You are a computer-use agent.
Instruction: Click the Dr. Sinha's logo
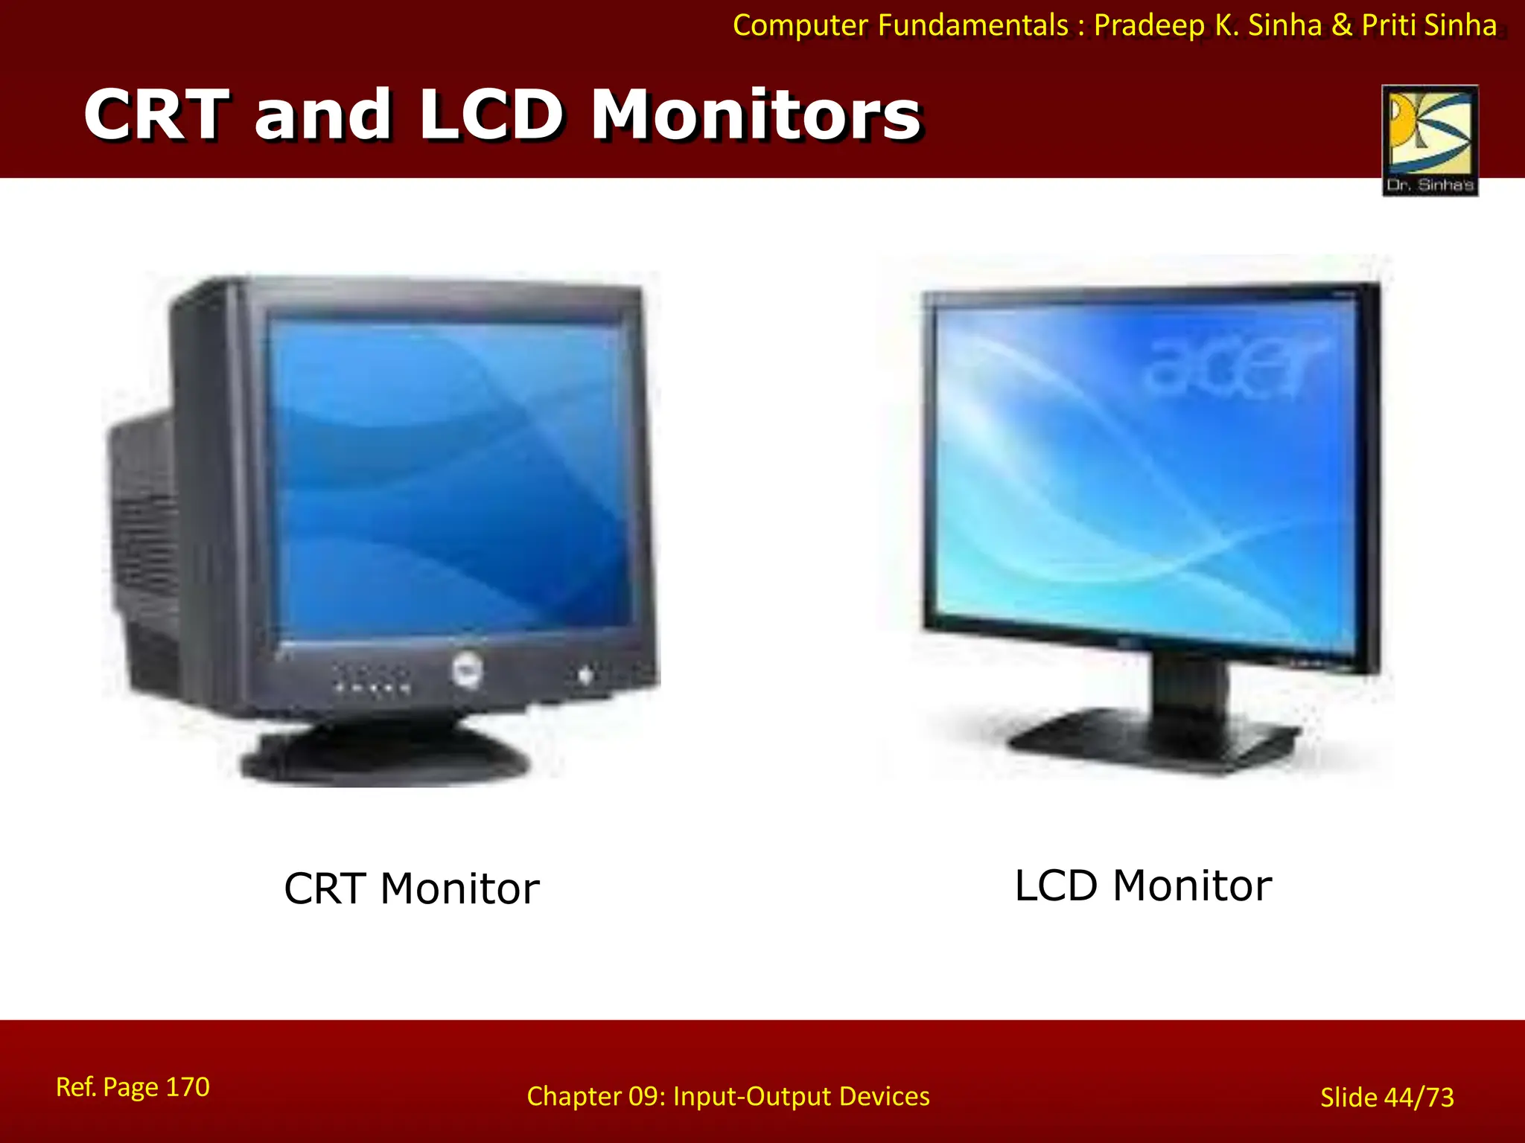[1430, 140]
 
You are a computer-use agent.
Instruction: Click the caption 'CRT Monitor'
[411, 889]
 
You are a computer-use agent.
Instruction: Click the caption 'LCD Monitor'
[1143, 886]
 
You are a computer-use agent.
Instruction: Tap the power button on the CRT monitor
[585, 676]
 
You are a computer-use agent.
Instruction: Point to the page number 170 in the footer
[188, 1087]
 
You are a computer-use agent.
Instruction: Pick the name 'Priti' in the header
[1388, 25]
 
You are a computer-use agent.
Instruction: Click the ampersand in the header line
[1341, 25]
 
